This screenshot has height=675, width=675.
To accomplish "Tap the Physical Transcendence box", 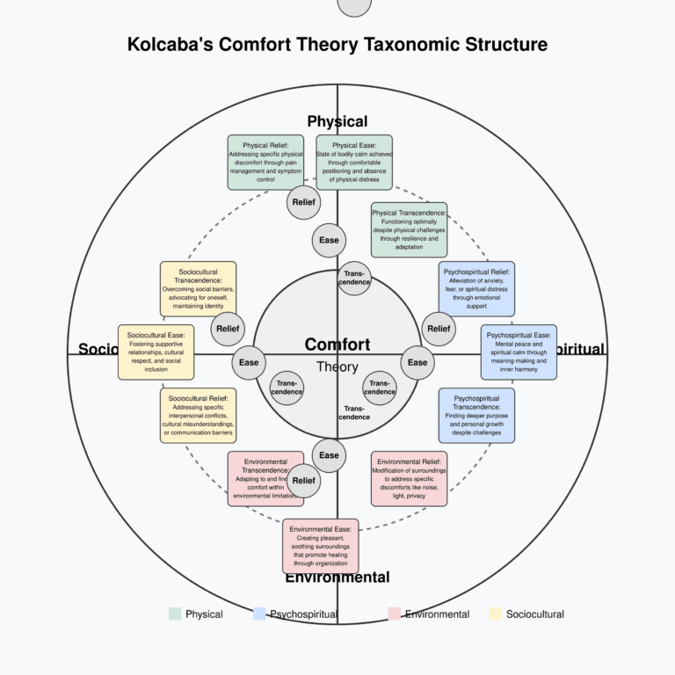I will click(x=409, y=229).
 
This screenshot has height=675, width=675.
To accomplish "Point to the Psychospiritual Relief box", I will click(x=476, y=288).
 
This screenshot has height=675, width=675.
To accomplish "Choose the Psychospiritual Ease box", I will click(x=519, y=352).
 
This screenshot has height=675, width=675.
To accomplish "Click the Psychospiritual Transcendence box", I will click(x=476, y=415).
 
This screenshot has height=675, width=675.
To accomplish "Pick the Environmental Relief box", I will click(x=409, y=478).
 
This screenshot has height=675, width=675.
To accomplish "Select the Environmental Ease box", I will click(x=321, y=546).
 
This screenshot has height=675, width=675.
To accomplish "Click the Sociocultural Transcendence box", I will click(x=198, y=288).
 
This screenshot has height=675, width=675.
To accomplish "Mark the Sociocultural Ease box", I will click(x=156, y=352).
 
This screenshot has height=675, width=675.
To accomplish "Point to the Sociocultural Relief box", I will click(x=198, y=415).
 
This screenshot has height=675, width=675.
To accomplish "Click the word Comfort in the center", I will click(x=337, y=345).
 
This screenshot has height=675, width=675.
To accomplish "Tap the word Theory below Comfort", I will click(x=337, y=367).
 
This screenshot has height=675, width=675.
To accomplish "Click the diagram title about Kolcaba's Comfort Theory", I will click(x=337, y=44).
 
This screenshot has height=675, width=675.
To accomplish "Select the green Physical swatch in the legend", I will click(x=175, y=614).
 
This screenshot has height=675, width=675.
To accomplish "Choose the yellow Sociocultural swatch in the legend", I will click(x=496, y=614).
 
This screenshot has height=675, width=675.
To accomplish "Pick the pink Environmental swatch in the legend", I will click(x=393, y=614).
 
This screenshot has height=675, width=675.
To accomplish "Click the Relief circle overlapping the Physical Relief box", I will click(x=303, y=202).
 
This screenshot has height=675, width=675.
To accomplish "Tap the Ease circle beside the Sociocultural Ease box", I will click(x=249, y=362).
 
